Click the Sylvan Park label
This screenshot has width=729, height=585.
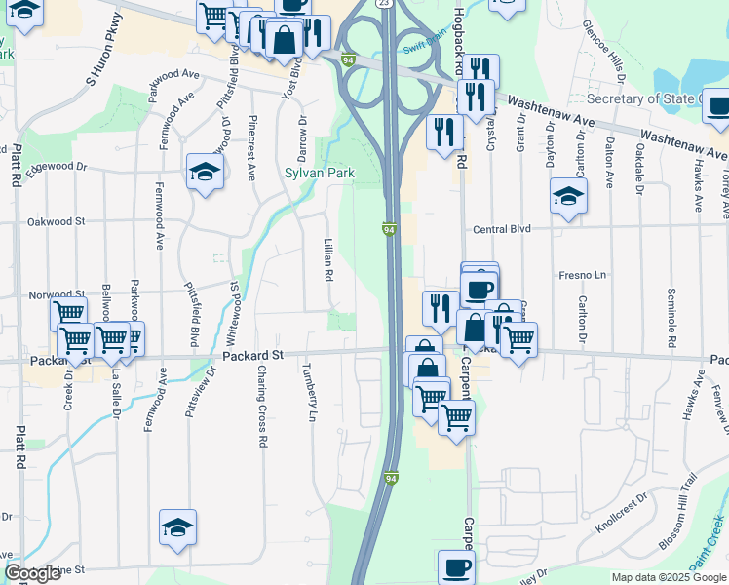click(x=319, y=174)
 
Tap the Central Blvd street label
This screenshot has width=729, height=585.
click(x=501, y=229)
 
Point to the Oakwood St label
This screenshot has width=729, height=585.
click(x=56, y=222)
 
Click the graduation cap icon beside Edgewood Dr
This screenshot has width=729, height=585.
click(x=206, y=173)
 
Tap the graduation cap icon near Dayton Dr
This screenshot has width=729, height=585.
click(x=568, y=197)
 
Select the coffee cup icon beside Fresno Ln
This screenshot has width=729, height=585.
click(x=480, y=289)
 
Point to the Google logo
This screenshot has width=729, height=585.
click(x=32, y=574)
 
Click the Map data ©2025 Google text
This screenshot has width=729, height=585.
click(x=669, y=577)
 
